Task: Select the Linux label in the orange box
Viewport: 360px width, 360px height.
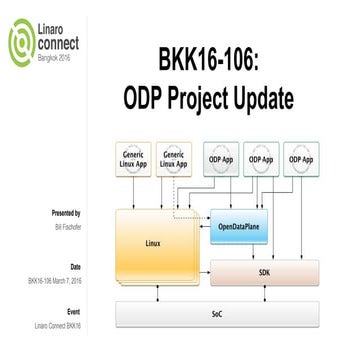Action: click(x=153, y=241)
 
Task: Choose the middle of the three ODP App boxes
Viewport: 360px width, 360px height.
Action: click(x=261, y=158)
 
